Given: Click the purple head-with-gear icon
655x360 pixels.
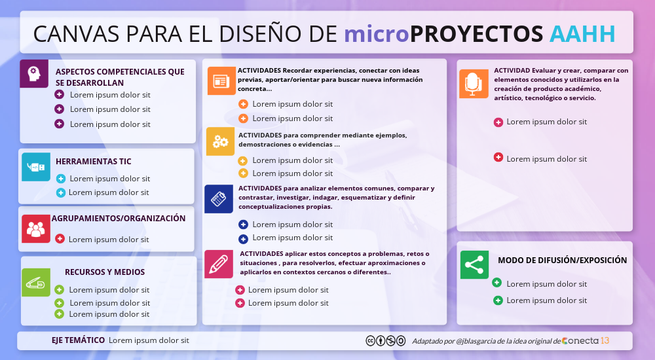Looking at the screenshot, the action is coord(34,73).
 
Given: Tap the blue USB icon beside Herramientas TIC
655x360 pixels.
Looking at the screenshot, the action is coord(36,167).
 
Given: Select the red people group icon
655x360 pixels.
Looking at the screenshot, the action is coord(36,229).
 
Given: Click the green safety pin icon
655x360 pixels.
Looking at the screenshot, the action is coord(36,283).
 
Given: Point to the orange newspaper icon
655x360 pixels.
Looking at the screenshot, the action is coord(221,81).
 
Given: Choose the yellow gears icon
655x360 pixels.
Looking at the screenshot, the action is coord(220,141).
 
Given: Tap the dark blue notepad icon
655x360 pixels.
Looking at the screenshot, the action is coord(219,199).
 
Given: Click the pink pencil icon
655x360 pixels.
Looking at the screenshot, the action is coord(219,264).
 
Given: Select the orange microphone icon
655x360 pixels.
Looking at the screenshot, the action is coord(474,84).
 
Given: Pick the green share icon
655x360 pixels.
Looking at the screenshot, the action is coord(474,265).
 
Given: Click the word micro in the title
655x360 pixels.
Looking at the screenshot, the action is coord(377,34).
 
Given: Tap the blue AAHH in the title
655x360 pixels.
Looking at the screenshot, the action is coord(582,34).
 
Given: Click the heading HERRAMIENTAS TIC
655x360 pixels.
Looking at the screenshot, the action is coord(94,162).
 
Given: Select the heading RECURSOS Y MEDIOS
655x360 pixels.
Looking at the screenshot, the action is coord(105,272).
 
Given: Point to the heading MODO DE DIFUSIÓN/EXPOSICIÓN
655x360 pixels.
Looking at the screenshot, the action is coord(562,261).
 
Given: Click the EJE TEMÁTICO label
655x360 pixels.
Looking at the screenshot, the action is coord(78,340).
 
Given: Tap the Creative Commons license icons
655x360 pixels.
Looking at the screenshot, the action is coord(386,341).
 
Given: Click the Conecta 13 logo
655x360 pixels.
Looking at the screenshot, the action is coord(585,341).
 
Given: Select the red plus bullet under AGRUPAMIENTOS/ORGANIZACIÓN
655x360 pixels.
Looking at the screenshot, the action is coord(60,239).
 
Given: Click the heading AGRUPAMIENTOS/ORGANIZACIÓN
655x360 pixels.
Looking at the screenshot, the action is coord(119,219).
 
